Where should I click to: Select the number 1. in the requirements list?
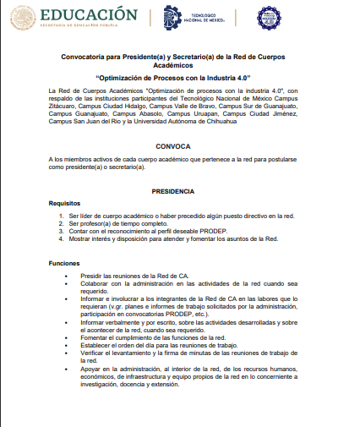pos(62,216)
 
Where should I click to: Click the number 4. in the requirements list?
pos(62,238)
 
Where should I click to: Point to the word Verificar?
pos(94,353)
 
